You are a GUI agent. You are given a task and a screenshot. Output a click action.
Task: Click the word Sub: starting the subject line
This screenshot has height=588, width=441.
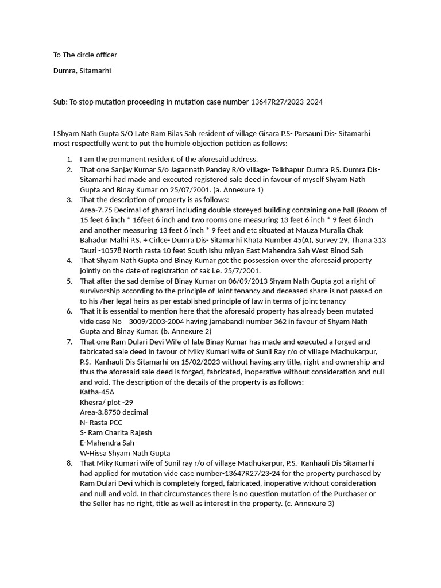pos(60,102)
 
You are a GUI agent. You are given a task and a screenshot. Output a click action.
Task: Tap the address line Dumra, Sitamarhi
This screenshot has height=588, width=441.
pos(82,71)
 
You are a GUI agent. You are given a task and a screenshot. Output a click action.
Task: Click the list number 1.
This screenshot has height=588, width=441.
pos(69,159)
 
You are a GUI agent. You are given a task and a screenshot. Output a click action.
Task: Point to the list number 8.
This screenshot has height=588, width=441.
pos(69,463)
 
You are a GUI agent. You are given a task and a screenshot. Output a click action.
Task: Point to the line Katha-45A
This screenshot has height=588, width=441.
pos(97,392)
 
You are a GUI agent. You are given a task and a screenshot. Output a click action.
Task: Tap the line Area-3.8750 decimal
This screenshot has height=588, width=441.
pos(114,412)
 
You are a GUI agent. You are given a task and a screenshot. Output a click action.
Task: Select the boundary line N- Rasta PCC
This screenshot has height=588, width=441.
pos(101,423)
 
